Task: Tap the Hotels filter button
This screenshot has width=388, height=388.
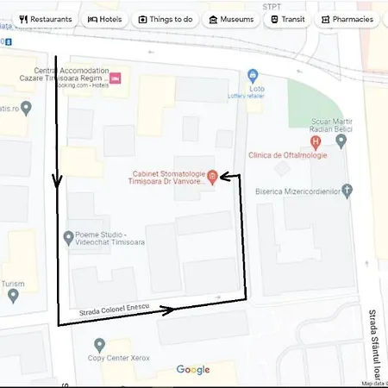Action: coord(104,18)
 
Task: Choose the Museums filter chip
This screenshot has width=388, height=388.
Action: coord(230,18)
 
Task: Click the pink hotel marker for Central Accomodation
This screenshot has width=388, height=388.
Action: coord(115,79)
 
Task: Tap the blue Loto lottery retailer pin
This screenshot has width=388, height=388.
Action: coord(253,75)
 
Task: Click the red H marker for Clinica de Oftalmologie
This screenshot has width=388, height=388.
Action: coord(316,141)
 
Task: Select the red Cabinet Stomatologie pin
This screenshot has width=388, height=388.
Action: coord(212,177)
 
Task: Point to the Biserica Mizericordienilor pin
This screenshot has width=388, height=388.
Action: coord(347,189)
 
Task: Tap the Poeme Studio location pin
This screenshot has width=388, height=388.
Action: coord(69,236)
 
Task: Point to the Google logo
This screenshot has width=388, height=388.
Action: coord(193,370)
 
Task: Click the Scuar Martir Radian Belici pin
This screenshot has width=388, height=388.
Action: coord(342,139)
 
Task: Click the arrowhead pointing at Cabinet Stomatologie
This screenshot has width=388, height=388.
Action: coord(224,176)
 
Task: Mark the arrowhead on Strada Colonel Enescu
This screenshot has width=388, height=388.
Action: coord(169,308)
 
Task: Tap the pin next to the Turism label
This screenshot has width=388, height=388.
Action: coord(13,296)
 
